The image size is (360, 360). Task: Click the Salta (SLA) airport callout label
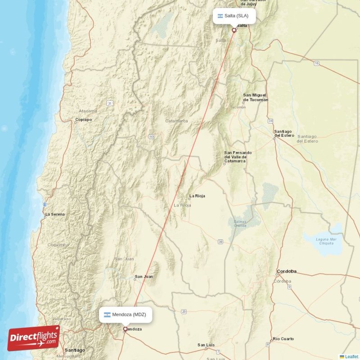(x=235, y=16)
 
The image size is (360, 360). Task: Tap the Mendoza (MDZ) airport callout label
(x=126, y=315)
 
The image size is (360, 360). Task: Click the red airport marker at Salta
(x=234, y=31)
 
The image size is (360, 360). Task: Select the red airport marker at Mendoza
(x=125, y=329)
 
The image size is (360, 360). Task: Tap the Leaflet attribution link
(x=351, y=356)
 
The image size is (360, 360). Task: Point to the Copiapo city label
(x=83, y=120)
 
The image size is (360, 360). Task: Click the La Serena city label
(x=55, y=214)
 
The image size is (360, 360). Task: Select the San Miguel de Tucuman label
(x=255, y=97)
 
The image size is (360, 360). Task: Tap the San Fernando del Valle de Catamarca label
(x=238, y=156)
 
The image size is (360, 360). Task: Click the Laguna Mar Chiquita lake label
(x=327, y=241)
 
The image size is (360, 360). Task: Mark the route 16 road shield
(x=316, y=64)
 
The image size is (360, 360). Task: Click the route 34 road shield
(x=270, y=121)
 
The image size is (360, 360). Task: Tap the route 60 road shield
(x=152, y=136)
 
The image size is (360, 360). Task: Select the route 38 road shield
(x=220, y=242)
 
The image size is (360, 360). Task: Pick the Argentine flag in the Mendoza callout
(x=108, y=315)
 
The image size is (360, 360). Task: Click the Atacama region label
(x=88, y=111)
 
